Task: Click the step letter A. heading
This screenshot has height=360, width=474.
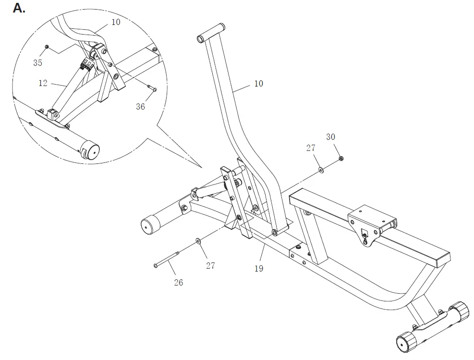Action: pyautogui.click(x=19, y=8)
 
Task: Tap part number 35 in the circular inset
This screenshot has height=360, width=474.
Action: pyautogui.click(x=37, y=62)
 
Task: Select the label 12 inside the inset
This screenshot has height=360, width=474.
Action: pyautogui.click(x=43, y=83)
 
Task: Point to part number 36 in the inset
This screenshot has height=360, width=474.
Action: pyautogui.click(x=140, y=107)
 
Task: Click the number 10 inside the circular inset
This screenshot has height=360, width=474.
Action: pyautogui.click(x=116, y=22)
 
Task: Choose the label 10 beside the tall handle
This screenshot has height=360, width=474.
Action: pyautogui.click(x=258, y=84)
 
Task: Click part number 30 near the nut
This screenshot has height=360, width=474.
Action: pyautogui.click(x=330, y=137)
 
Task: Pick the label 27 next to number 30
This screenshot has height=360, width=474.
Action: pyautogui.click(x=311, y=148)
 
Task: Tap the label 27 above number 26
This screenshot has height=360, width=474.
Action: pyautogui.click(x=210, y=265)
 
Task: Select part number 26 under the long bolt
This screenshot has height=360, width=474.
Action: pyautogui.click(x=178, y=282)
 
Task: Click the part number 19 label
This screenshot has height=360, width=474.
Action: pyautogui.click(x=259, y=269)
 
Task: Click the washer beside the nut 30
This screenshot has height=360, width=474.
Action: pyautogui.click(x=320, y=170)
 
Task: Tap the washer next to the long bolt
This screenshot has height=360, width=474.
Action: pyautogui.click(x=197, y=241)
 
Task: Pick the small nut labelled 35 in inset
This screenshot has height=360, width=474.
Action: pyautogui.click(x=47, y=47)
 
